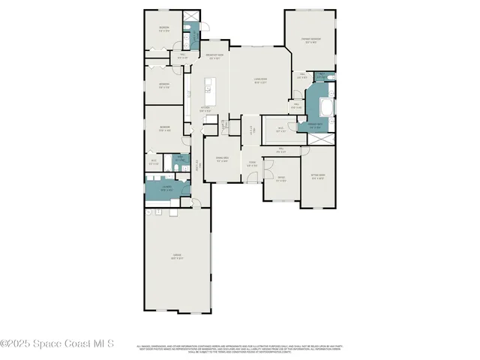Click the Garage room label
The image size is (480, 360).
point(178,256)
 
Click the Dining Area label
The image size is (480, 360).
point(221,159)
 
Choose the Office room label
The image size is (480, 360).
point(281,178)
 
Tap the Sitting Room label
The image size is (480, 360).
point(317,178)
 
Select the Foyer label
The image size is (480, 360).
point(253,164)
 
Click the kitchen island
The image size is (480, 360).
point(211,91)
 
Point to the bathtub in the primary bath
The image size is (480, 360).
point(327,109)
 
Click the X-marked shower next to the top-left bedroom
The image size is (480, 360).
point(193,19)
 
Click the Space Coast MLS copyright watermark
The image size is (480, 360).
point(58,343)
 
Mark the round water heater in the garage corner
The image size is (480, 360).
point(149,212)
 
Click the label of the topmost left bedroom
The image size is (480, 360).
point(164,29)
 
